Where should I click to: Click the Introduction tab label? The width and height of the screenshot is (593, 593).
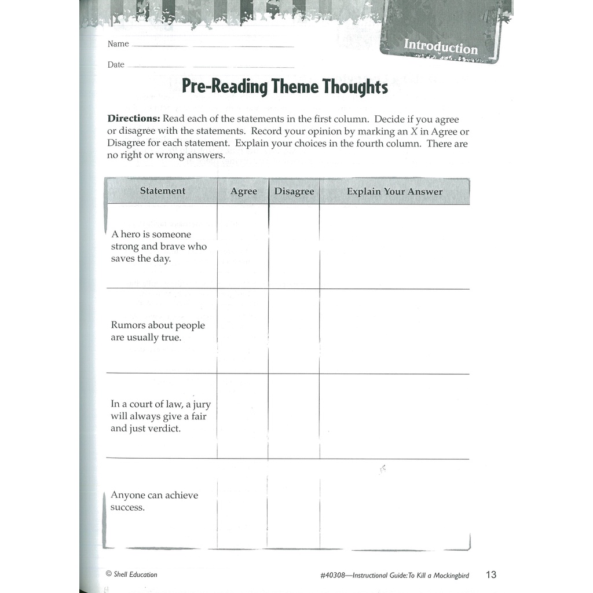click(441, 46)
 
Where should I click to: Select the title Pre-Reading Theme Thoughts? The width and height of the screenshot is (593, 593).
click(285, 87)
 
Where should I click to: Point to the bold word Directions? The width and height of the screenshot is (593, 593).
click(134, 119)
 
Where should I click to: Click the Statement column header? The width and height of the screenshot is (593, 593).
click(163, 191)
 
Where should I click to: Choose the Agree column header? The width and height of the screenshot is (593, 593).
click(243, 192)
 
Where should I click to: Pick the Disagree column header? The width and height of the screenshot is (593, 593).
click(294, 192)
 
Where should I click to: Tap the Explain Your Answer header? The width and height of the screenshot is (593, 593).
click(394, 192)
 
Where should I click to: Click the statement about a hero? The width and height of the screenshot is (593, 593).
click(159, 247)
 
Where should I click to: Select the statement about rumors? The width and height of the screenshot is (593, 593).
click(158, 331)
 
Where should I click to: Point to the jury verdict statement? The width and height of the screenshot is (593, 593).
click(160, 416)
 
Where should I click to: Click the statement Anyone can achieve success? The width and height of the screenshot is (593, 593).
click(154, 502)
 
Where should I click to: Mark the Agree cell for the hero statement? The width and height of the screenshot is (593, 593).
click(243, 247)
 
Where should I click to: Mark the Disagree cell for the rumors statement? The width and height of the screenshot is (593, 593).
click(294, 331)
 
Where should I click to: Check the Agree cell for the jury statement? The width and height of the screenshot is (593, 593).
click(243, 416)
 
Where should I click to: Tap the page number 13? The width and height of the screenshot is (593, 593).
click(491, 575)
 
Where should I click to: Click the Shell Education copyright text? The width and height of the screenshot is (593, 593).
click(131, 574)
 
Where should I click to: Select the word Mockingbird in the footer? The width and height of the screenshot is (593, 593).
click(447, 576)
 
